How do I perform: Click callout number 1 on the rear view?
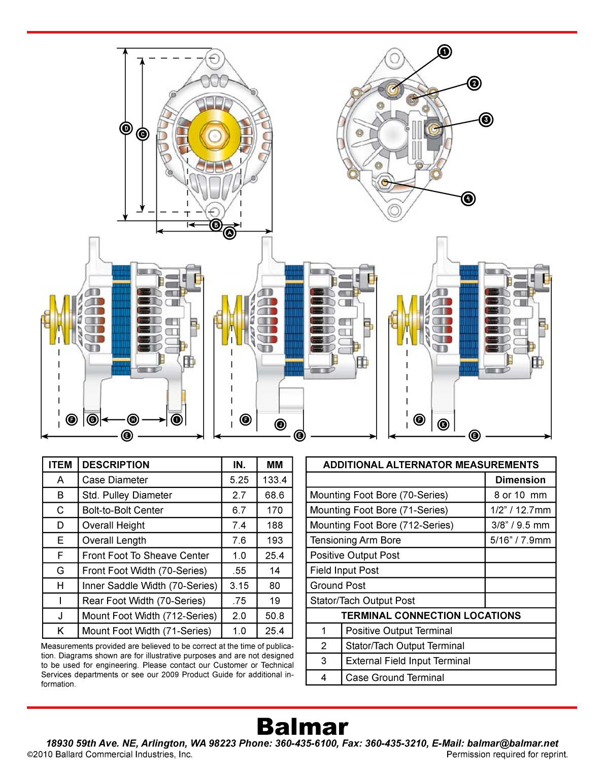pyautogui.click(x=445, y=52)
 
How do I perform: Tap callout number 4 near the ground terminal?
pyautogui.click(x=468, y=199)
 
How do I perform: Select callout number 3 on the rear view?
pyautogui.click(x=486, y=120)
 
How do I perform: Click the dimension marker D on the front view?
pyautogui.click(x=126, y=128)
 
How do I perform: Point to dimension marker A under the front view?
pyautogui.click(x=230, y=233)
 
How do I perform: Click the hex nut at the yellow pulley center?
pyautogui.click(x=214, y=136)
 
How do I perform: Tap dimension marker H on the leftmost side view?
pyautogui.click(x=133, y=419)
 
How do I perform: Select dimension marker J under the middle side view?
pyautogui.click(x=280, y=425)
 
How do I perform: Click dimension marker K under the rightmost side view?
pyautogui.click(x=443, y=425)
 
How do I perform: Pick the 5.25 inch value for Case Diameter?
pyautogui.click(x=239, y=480)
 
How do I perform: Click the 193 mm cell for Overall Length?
pyautogui.click(x=275, y=540)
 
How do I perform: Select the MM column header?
pyautogui.click(x=275, y=465)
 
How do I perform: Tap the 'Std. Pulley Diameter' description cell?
pyautogui.click(x=127, y=495)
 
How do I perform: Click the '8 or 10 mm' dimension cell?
pyautogui.click(x=520, y=495)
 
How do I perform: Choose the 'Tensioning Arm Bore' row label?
pyautogui.click(x=355, y=540)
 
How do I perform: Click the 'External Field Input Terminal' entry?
pyautogui.click(x=408, y=661)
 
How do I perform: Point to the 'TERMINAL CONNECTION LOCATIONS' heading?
pyautogui.click(x=431, y=615)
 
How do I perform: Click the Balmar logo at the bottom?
pyautogui.click(x=303, y=727)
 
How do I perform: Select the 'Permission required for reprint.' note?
pyautogui.click(x=507, y=755)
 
